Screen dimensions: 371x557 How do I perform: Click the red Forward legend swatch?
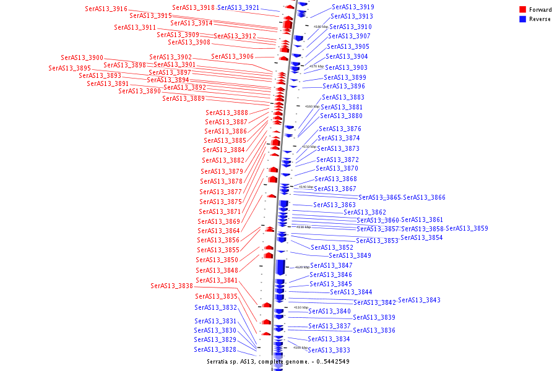(x=522, y=10)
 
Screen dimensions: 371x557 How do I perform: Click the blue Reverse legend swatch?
(x=522, y=19)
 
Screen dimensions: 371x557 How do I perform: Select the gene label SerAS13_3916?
(x=106, y=9)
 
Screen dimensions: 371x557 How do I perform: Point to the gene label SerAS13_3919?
(x=352, y=7)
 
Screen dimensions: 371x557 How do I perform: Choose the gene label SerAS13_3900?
(x=82, y=58)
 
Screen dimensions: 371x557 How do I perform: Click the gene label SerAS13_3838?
(x=171, y=286)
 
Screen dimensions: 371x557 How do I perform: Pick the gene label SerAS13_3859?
(x=467, y=229)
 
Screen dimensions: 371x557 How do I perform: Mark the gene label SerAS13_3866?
(x=424, y=198)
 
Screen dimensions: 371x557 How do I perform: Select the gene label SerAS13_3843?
(x=419, y=300)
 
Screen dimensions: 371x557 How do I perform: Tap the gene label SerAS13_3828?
(x=215, y=349)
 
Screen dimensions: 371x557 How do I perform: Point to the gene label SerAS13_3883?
(x=343, y=97)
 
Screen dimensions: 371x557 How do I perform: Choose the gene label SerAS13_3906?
(x=232, y=56)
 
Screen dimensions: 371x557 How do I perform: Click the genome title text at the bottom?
(x=278, y=361)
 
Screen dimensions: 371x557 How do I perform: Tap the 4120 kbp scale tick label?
(x=301, y=267)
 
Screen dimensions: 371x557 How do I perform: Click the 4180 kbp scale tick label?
(x=321, y=27)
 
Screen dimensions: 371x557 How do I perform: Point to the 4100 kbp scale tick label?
(x=300, y=348)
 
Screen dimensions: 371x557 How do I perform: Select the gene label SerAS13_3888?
(x=227, y=113)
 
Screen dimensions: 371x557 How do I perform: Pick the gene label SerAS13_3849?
(x=350, y=255)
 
